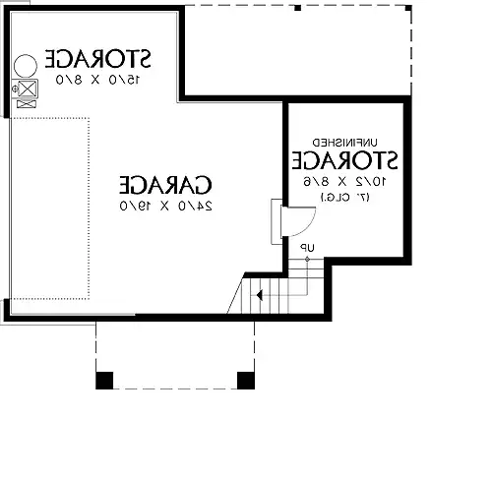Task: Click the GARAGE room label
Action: [x=165, y=185]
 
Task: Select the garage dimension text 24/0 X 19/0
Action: [x=165, y=206]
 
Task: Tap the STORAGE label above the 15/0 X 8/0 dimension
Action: [x=97, y=59]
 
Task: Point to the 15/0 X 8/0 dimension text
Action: [x=97, y=80]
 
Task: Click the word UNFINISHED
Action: [x=344, y=143]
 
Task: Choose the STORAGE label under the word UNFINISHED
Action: [x=344, y=160]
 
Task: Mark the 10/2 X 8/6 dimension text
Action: [x=344, y=181]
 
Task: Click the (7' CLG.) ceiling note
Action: [x=344, y=198]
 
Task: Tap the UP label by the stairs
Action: [x=307, y=248]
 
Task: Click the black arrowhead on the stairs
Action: [x=259, y=295]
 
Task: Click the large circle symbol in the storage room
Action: [x=26, y=66]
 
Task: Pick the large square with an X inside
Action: [x=27, y=89]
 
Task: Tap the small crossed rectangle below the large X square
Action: [x=27, y=104]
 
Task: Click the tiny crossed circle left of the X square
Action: [x=15, y=89]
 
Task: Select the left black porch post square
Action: [x=104, y=381]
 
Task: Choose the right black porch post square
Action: [x=246, y=381]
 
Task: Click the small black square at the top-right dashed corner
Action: [x=408, y=8]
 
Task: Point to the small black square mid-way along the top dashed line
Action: [x=297, y=8]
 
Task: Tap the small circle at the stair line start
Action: [x=307, y=260]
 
